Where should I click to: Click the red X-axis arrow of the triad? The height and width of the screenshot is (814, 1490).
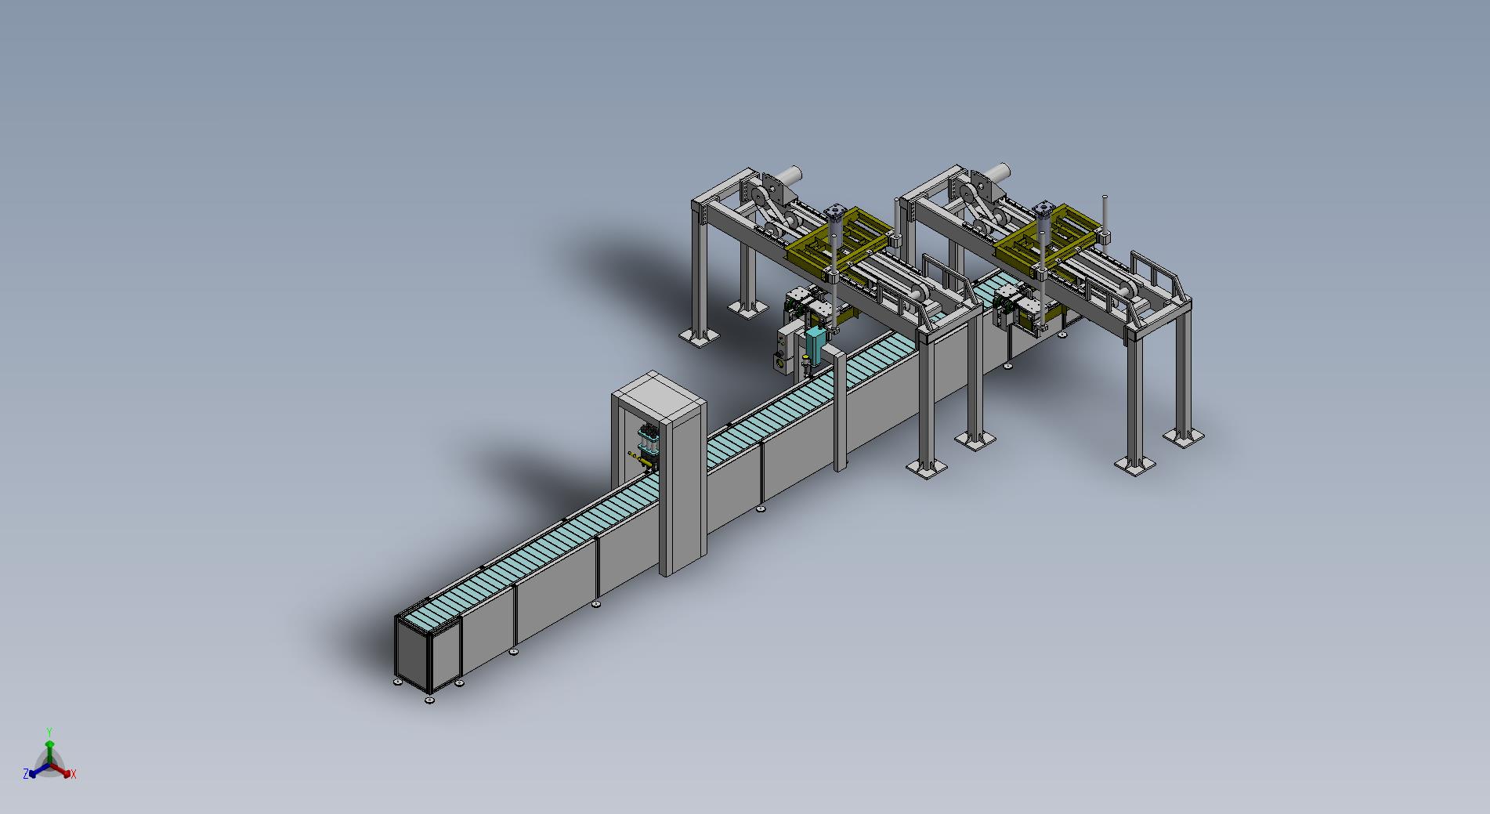[x=67, y=772]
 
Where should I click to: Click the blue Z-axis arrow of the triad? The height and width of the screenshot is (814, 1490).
[x=33, y=772]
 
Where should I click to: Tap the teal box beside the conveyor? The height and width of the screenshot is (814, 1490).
[x=816, y=346]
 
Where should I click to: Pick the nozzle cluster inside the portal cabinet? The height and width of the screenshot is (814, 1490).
[x=648, y=448]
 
